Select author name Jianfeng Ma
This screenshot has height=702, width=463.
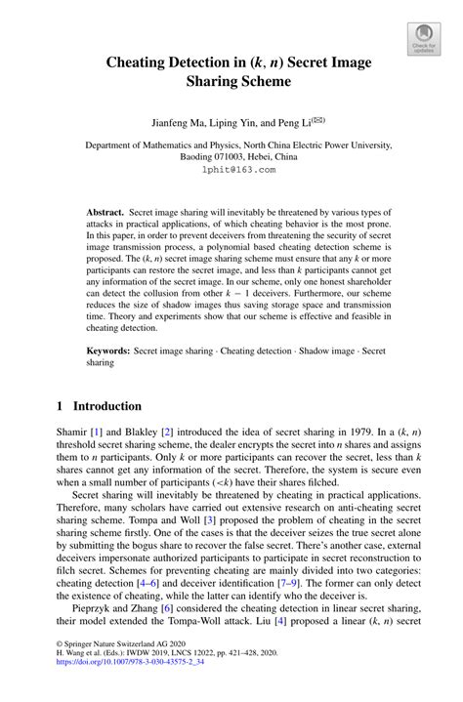(183, 124)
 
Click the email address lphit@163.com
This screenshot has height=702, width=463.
(231, 169)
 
